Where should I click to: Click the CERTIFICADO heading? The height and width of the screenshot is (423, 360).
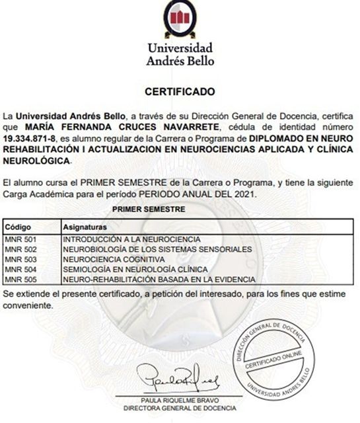[180, 90]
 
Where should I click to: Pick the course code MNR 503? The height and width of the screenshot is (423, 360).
[19, 259]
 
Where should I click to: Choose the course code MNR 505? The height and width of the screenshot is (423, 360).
[19, 279]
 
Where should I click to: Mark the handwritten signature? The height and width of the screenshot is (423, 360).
[180, 379]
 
